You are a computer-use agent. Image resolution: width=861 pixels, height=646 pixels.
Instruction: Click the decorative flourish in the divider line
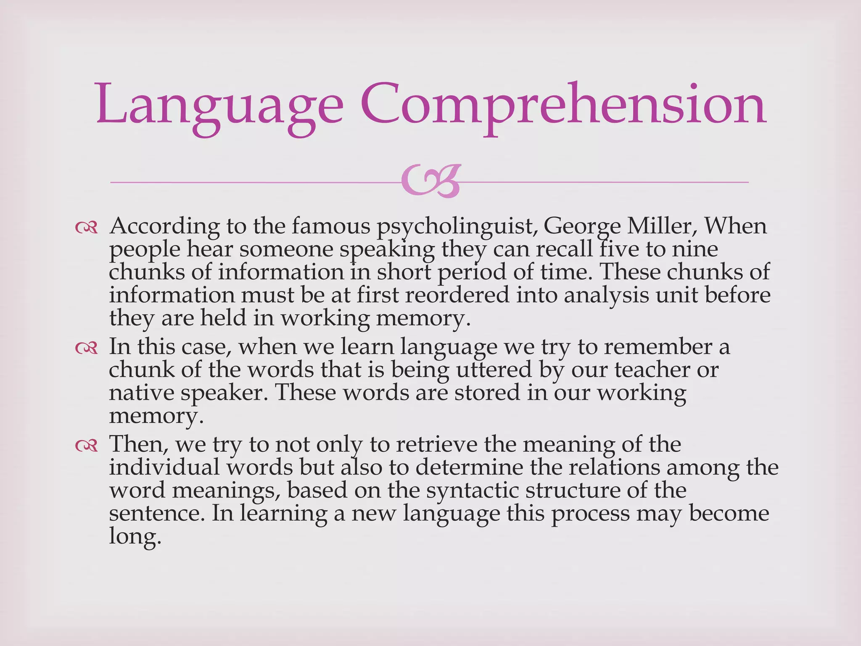(430, 182)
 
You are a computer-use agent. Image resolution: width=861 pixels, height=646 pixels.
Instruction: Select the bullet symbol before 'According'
(86, 228)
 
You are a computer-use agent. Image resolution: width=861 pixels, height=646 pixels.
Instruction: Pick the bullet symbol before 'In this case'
(86, 348)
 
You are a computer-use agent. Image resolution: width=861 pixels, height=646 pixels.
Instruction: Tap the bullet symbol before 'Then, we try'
(86, 445)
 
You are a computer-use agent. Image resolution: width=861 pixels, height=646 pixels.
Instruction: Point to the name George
(581, 227)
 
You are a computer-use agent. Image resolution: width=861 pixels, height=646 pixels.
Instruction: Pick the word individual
(164, 467)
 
